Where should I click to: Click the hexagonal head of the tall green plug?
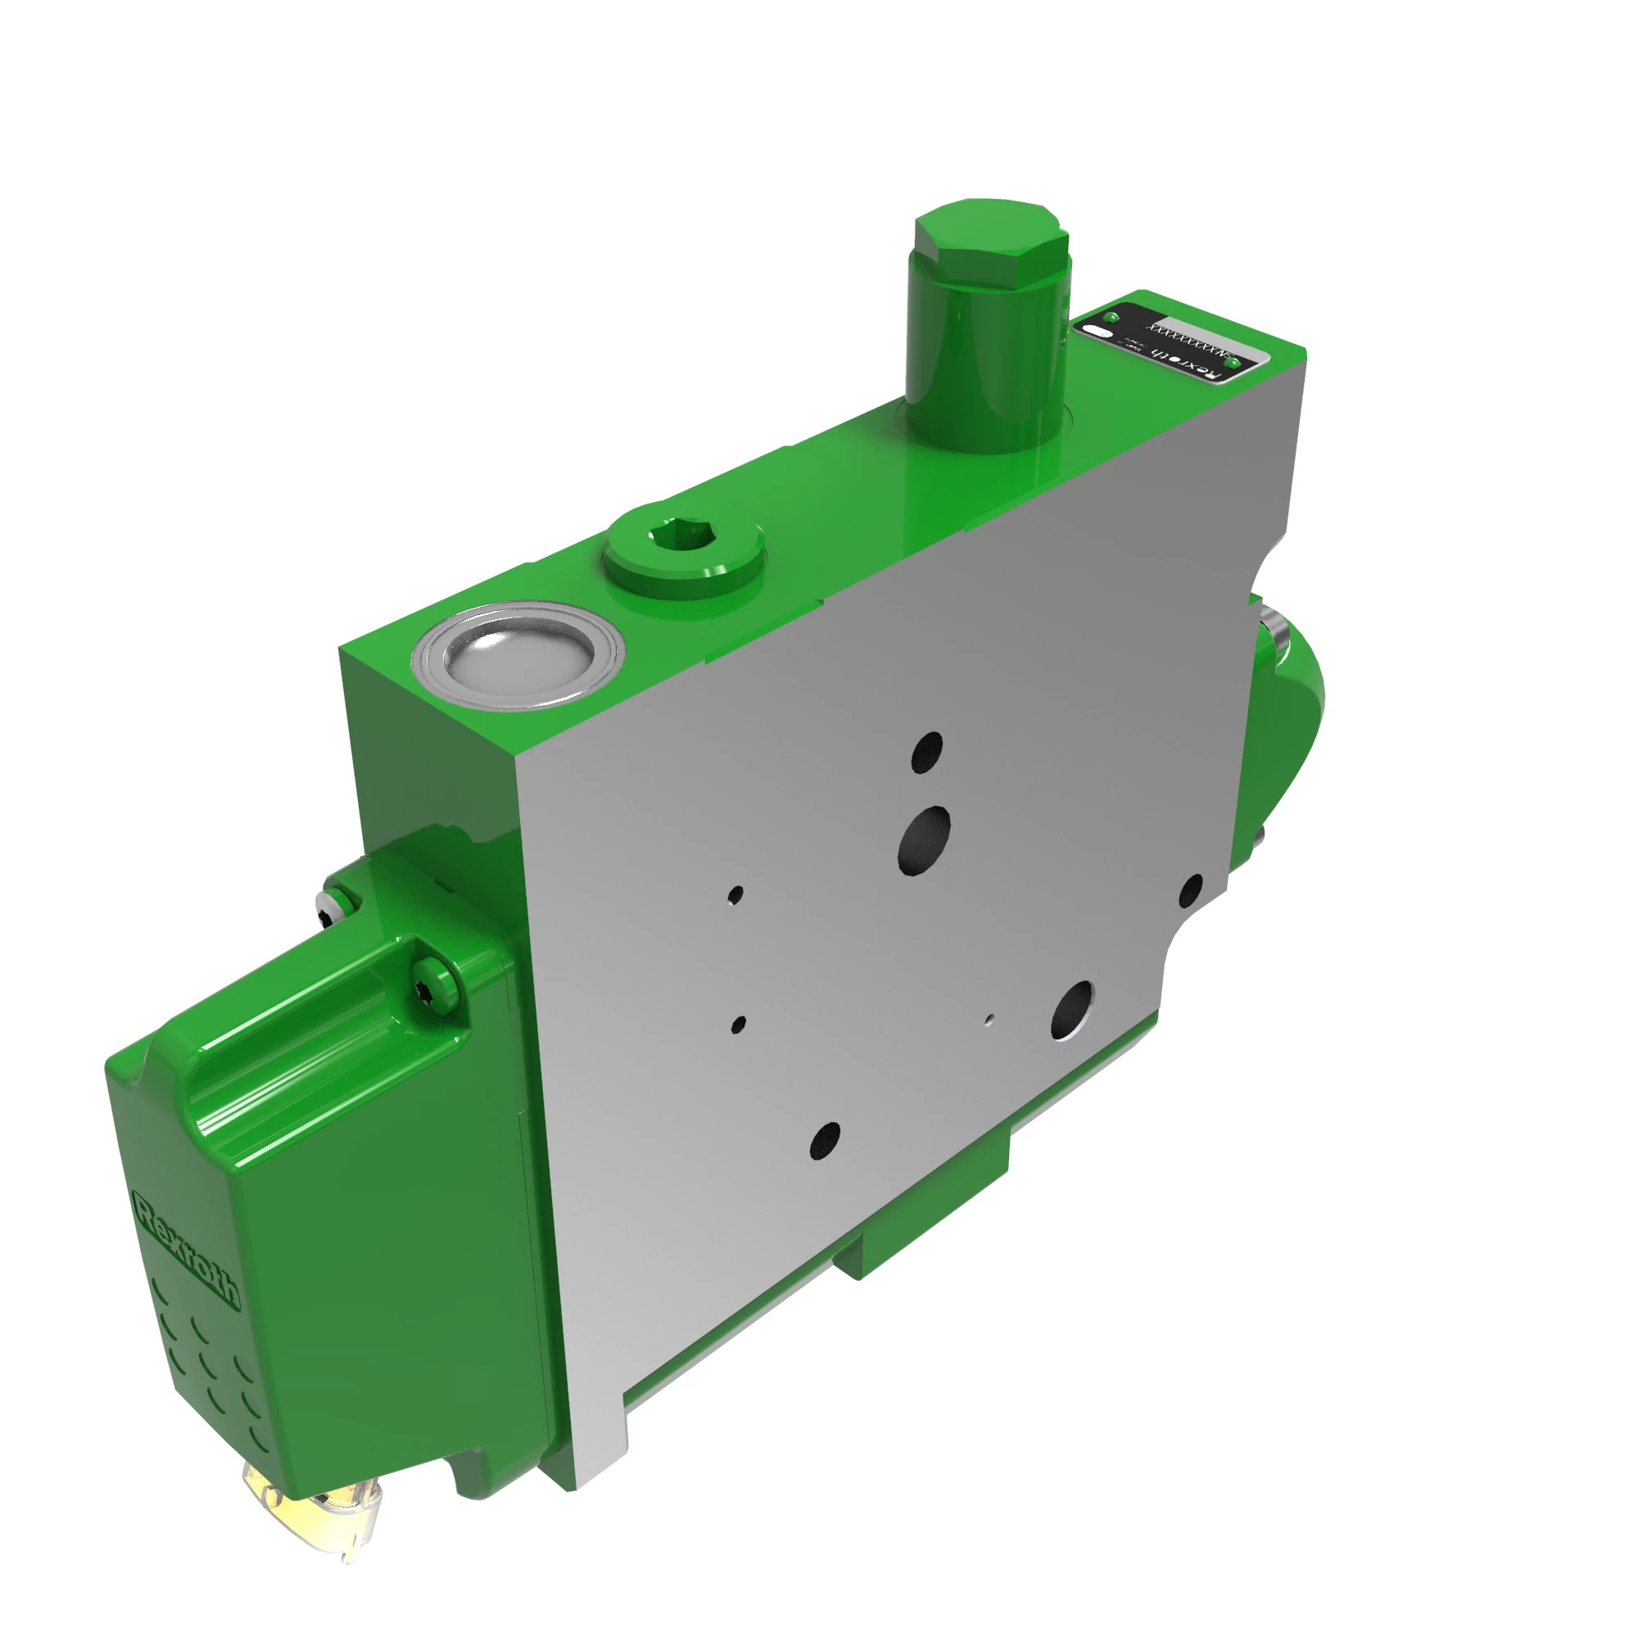tap(989, 237)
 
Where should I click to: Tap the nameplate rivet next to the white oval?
tap(1113, 317)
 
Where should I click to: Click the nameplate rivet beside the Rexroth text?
tap(1233, 364)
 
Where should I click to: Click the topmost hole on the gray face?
tap(926, 751)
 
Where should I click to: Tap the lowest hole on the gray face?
tap(824, 1141)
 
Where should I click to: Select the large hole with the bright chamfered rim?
tap(1070, 1011)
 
